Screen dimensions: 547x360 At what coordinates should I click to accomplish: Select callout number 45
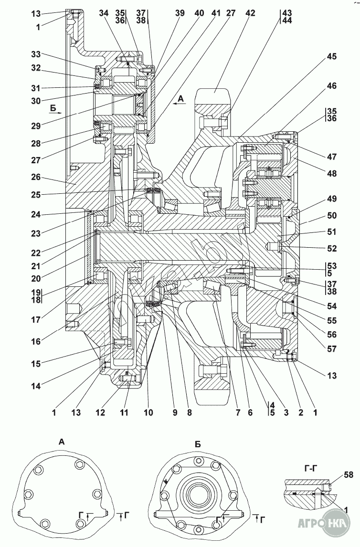coord(332,56)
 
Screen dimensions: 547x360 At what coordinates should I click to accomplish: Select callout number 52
coord(332,249)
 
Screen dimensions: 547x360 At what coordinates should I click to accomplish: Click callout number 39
coord(180,14)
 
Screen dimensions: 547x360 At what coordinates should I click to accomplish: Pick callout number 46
coord(332,86)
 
